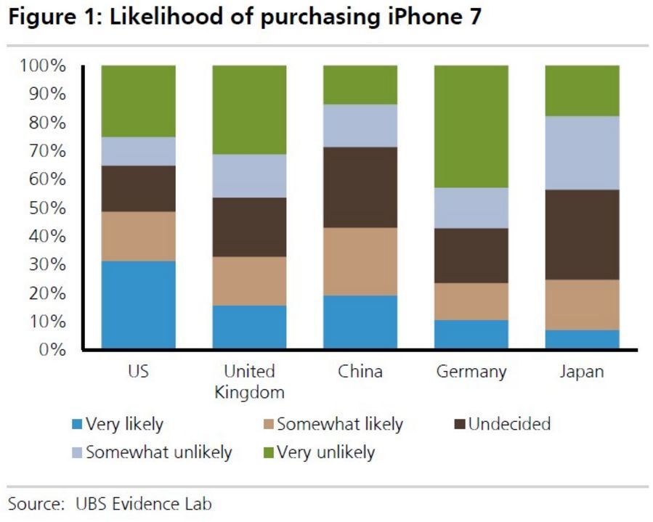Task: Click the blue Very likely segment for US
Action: click(x=138, y=305)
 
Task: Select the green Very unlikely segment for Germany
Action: click(x=471, y=126)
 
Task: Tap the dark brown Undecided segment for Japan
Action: click(x=582, y=235)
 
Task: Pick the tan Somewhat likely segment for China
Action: click(x=360, y=261)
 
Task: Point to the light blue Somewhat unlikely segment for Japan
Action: click(x=582, y=152)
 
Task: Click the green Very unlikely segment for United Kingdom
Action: click(x=249, y=110)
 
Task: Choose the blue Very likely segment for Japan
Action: click(x=582, y=339)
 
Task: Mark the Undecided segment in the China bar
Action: click(x=360, y=187)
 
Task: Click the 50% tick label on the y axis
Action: click(x=48, y=208)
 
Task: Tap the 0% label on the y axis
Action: click(x=52, y=350)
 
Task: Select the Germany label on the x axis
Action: click(x=471, y=372)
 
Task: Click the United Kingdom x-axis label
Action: click(x=249, y=382)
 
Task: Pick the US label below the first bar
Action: click(x=138, y=372)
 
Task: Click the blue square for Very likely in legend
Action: click(x=78, y=425)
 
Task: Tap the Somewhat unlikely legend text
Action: click(x=158, y=452)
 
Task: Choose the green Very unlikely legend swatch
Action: click(x=266, y=453)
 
